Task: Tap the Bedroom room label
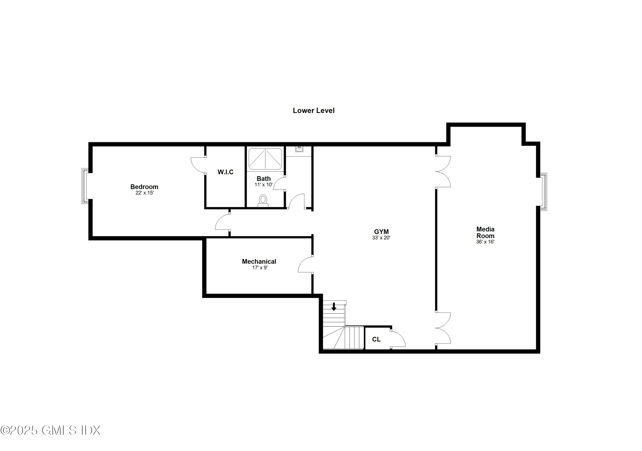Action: pyautogui.click(x=144, y=187)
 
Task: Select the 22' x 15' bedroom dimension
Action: pyautogui.click(x=145, y=193)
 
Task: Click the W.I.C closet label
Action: pyautogui.click(x=225, y=172)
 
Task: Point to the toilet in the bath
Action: pyautogui.click(x=263, y=200)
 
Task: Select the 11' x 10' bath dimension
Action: pyautogui.click(x=263, y=185)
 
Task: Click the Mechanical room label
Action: pyautogui.click(x=259, y=261)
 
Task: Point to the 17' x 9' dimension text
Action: pyautogui.click(x=260, y=268)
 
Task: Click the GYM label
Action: pyautogui.click(x=381, y=231)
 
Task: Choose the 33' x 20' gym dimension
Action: pyautogui.click(x=381, y=238)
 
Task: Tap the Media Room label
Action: pyautogui.click(x=485, y=232)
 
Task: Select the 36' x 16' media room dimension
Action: pyautogui.click(x=485, y=242)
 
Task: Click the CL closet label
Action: pyautogui.click(x=376, y=339)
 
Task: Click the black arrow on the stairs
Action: pyautogui.click(x=334, y=307)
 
